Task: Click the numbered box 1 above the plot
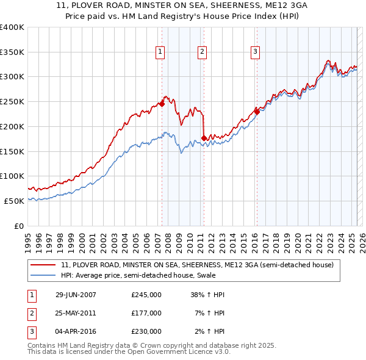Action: [160, 52]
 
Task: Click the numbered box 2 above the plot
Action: [201, 52]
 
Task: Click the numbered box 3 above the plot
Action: [255, 52]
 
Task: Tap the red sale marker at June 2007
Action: [162, 104]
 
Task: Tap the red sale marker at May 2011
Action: [204, 138]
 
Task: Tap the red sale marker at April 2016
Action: [257, 112]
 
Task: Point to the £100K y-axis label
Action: [12, 176]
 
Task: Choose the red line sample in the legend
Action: [43, 265]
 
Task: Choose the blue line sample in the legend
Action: [43, 275]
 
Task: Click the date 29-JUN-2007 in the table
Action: [76, 295]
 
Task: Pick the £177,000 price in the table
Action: [146, 313]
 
